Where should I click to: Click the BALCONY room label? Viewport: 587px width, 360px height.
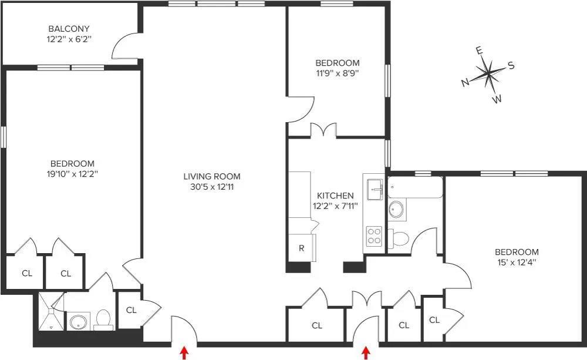[x=69, y=29]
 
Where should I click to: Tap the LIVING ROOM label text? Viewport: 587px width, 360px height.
[x=212, y=176]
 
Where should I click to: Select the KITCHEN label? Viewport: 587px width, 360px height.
[x=335, y=196]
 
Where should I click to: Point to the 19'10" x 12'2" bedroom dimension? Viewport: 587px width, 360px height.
[x=72, y=174]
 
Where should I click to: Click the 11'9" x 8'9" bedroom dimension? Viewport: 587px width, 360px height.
[x=338, y=73]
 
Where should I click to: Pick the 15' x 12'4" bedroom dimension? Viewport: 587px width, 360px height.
[x=516, y=262]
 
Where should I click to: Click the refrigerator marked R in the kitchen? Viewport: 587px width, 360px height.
[x=301, y=248]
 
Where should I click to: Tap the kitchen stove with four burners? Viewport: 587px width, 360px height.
[x=374, y=236]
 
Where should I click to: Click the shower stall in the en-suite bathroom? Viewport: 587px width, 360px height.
[x=50, y=311]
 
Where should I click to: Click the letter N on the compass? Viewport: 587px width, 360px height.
[x=465, y=83]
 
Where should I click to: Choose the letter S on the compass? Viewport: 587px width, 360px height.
[x=511, y=66]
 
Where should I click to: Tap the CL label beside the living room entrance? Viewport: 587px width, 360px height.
[x=131, y=310]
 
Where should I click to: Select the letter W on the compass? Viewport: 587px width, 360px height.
[x=497, y=99]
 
